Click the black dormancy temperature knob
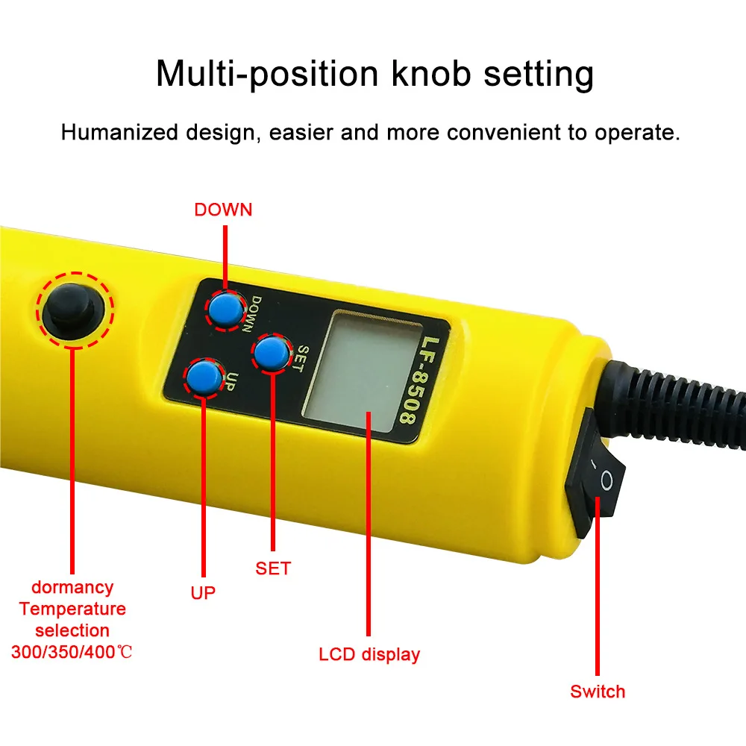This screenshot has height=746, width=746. point(73,309)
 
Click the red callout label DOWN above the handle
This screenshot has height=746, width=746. point(223,210)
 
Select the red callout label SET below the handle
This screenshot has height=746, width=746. point(272,568)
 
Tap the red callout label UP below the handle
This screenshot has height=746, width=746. point(202,593)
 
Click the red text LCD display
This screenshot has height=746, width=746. point(369,655)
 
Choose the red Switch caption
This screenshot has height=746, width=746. point(598,692)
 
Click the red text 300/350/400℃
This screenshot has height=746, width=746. point(72,651)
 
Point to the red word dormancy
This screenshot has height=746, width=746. point(72,588)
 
